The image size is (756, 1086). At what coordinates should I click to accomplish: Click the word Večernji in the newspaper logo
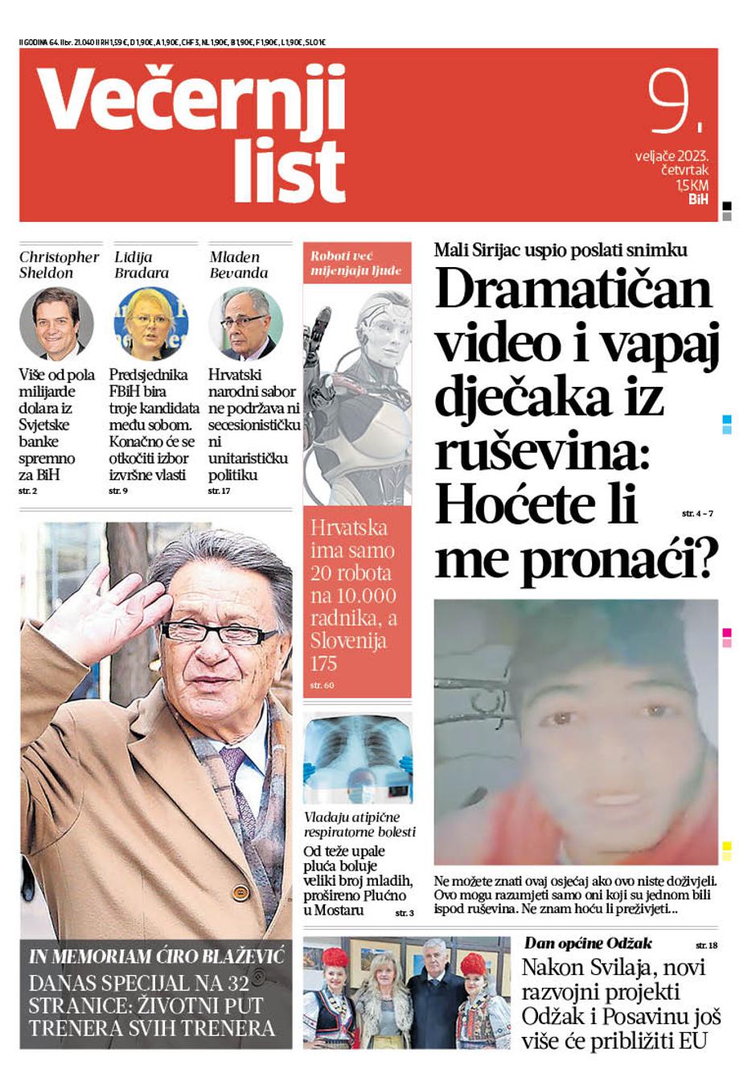(x=191, y=98)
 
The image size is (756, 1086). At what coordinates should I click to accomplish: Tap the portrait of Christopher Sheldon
(x=56, y=323)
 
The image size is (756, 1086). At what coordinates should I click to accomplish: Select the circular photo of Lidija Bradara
(x=151, y=323)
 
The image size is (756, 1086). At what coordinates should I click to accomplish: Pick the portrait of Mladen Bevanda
(x=245, y=323)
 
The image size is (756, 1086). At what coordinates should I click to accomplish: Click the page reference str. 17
(x=219, y=491)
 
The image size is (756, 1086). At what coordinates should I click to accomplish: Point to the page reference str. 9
(x=118, y=491)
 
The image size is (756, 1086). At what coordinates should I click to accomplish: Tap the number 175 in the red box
(x=323, y=664)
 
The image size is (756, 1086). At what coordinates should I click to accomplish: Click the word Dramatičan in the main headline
(x=573, y=290)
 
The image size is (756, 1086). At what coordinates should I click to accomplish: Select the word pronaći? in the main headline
(x=617, y=560)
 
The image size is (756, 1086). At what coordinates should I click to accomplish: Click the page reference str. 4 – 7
(x=697, y=513)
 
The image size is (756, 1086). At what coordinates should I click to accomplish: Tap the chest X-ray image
(x=358, y=756)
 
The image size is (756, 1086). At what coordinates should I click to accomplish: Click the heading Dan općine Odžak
(x=588, y=944)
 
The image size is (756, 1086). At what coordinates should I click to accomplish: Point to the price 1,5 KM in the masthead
(x=692, y=186)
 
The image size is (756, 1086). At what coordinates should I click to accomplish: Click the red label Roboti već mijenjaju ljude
(x=356, y=263)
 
